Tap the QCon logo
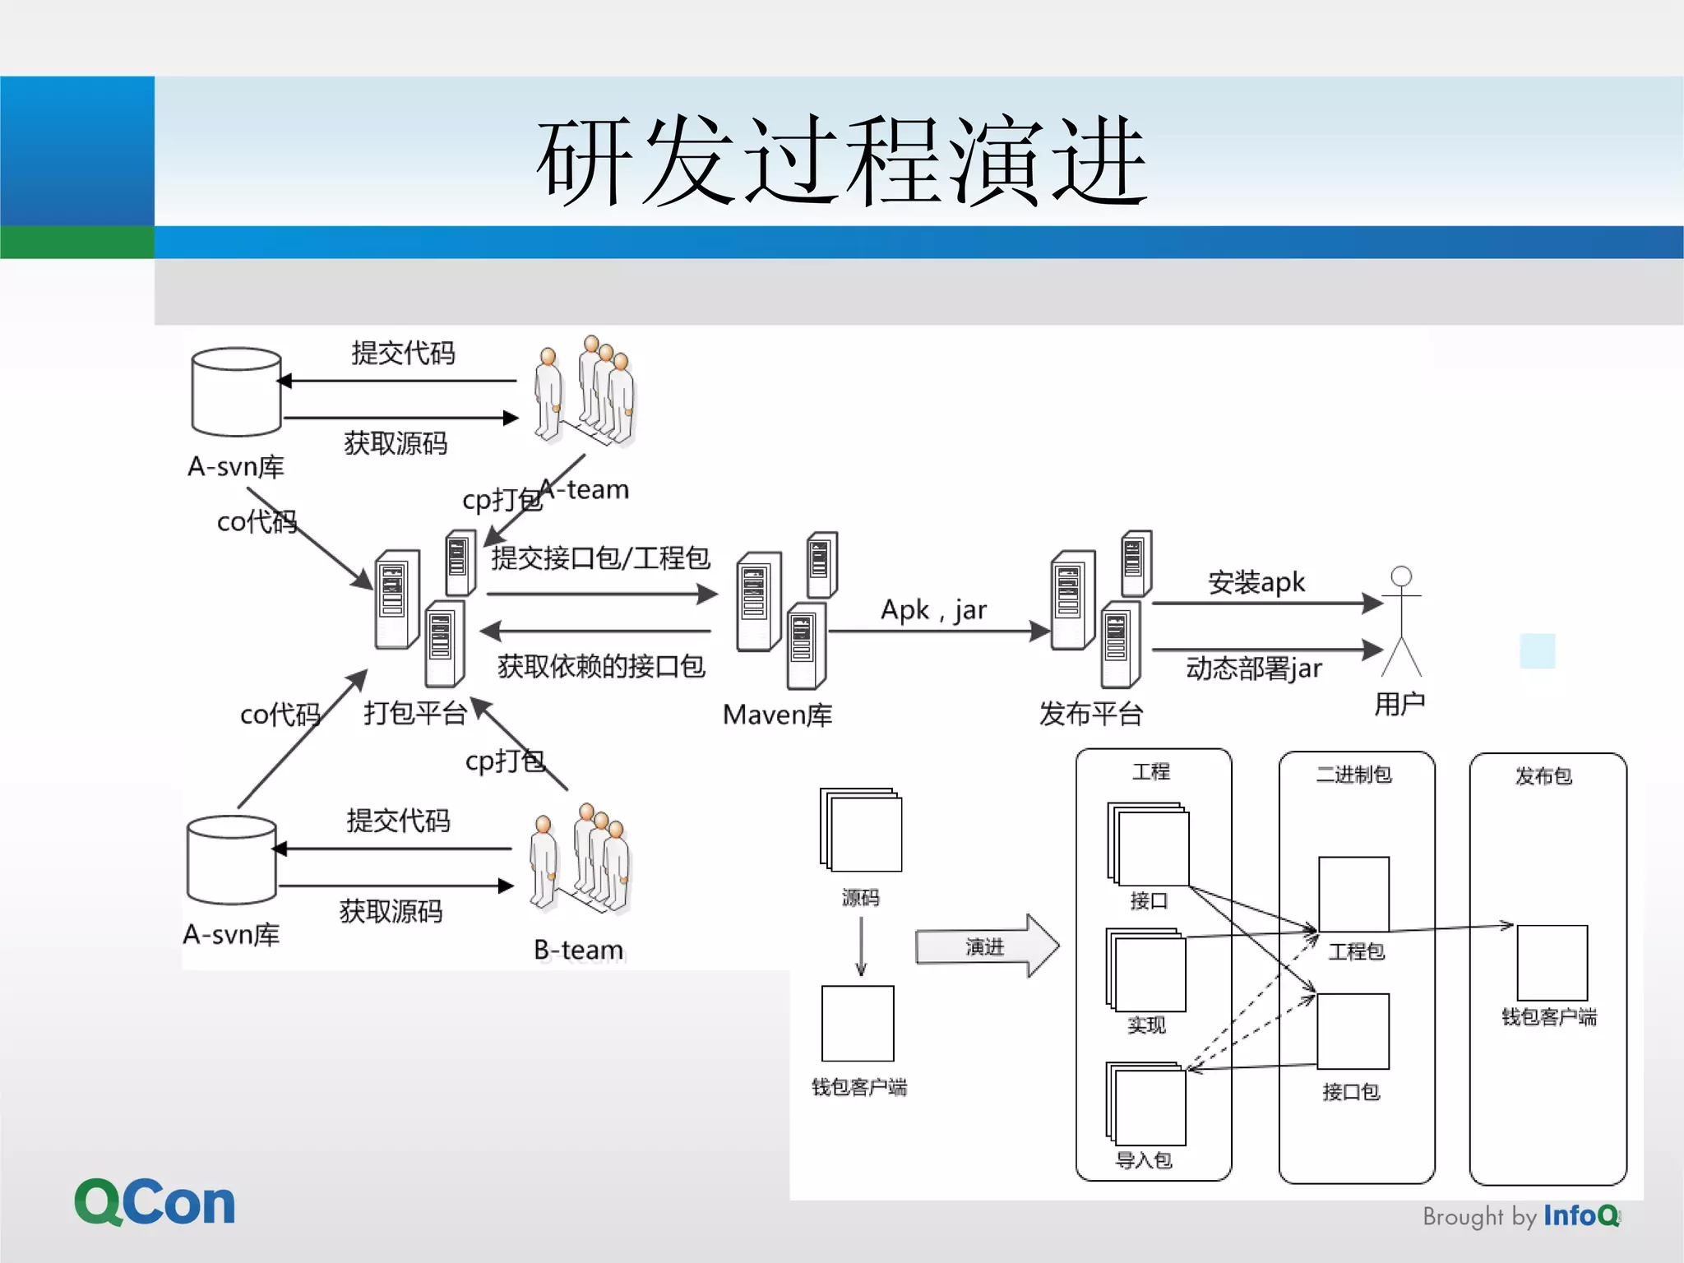[155, 1202]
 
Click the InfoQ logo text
[1580, 1215]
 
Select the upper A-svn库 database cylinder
[236, 391]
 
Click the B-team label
[578, 950]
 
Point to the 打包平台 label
[415, 713]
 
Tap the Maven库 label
[777, 715]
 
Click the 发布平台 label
[1091, 714]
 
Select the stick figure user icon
[1401, 621]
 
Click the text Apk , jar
[933, 610]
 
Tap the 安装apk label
[1256, 582]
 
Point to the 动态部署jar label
[1253, 669]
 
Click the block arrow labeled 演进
[986, 946]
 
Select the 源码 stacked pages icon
[861, 830]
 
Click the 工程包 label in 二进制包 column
[1356, 951]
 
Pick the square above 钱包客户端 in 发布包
[1552, 962]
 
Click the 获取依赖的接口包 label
[601, 666]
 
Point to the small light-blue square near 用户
[1537, 650]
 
